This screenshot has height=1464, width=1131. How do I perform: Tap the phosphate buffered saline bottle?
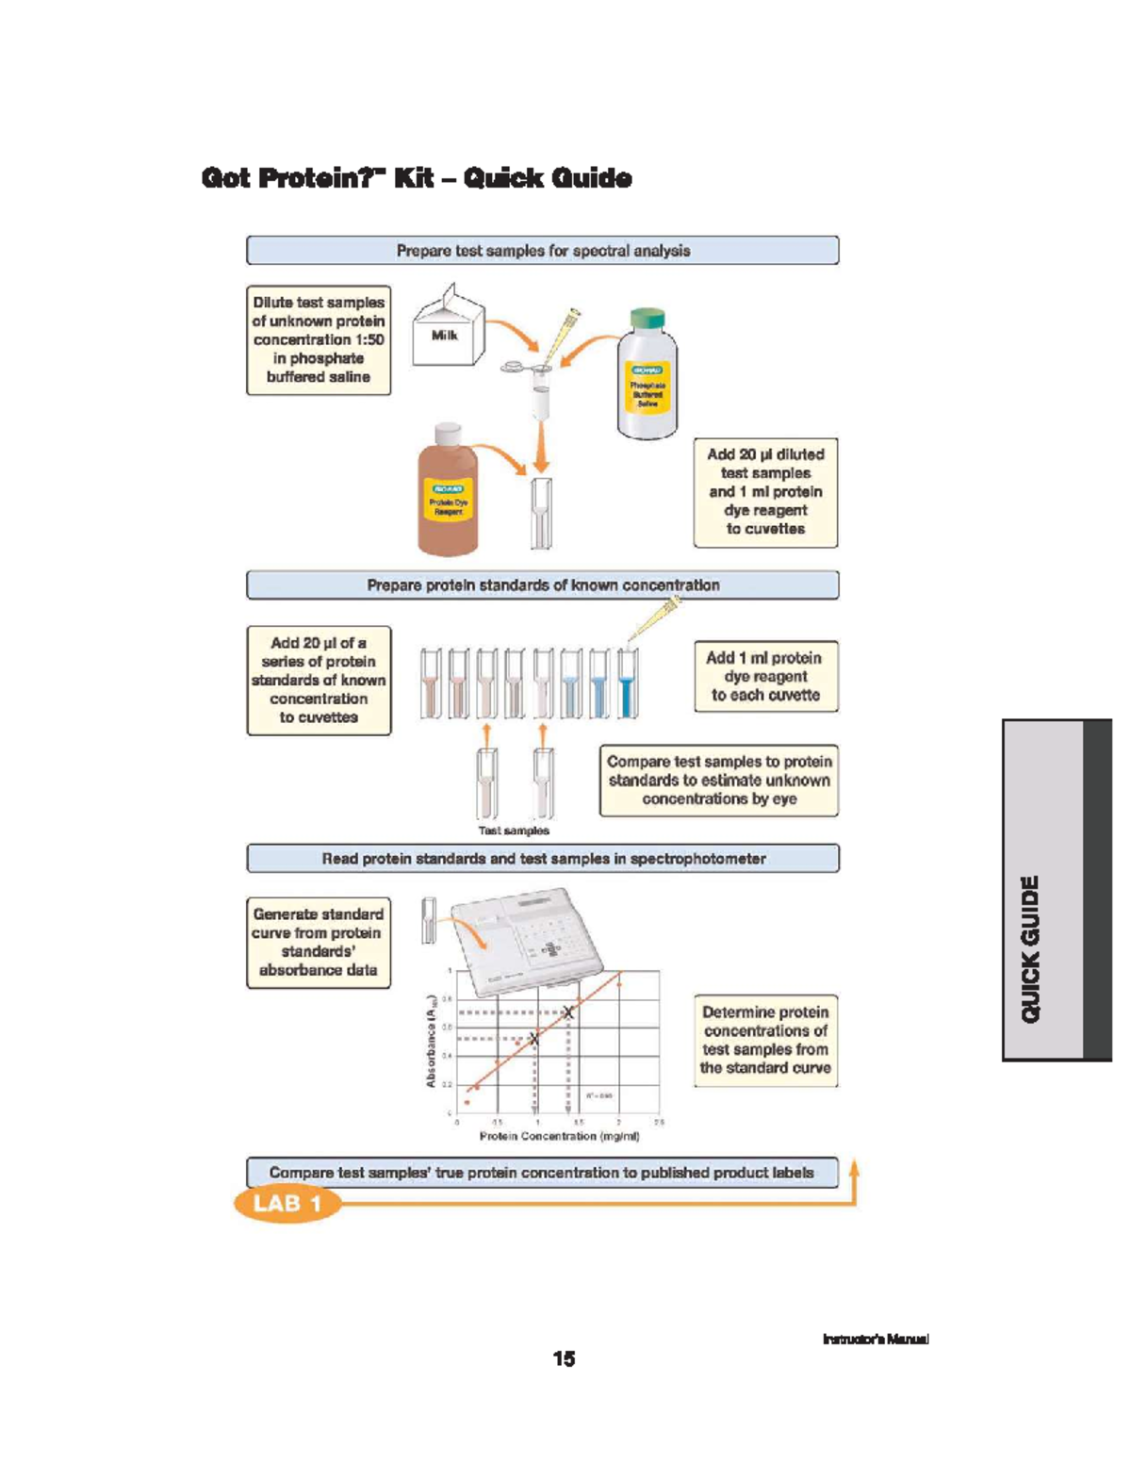(x=647, y=377)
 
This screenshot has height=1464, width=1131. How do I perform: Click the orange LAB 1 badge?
(x=287, y=1204)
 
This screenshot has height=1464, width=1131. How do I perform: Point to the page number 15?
(x=564, y=1358)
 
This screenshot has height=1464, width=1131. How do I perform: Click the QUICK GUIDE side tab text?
(x=1032, y=948)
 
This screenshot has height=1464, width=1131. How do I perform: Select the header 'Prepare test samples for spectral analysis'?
(x=543, y=251)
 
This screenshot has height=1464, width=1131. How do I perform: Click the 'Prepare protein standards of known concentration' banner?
(x=543, y=585)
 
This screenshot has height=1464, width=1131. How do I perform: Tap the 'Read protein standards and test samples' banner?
(x=543, y=859)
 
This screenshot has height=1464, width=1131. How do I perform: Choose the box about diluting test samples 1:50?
(x=319, y=339)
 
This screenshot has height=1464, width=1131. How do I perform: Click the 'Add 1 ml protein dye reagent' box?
(x=764, y=677)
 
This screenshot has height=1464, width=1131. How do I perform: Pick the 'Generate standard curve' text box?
(x=319, y=942)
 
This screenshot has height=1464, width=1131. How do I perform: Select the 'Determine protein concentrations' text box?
(x=764, y=1040)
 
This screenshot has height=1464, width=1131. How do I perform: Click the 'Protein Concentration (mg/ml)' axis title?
(x=559, y=1137)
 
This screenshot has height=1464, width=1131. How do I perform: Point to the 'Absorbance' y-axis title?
(x=431, y=1042)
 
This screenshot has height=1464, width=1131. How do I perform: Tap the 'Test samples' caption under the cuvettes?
(x=514, y=831)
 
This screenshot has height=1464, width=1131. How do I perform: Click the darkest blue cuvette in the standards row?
(x=627, y=684)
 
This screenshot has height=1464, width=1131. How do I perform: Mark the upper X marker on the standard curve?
(x=568, y=1012)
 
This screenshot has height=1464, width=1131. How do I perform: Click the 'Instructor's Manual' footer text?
(x=876, y=1339)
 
